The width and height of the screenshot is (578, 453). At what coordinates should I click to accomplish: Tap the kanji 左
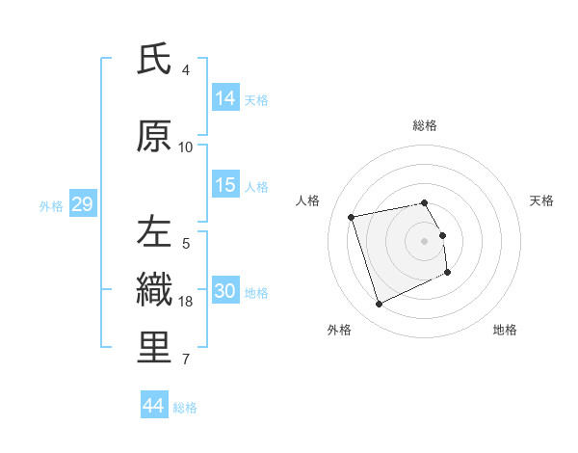154,231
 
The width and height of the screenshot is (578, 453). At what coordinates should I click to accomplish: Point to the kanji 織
154,289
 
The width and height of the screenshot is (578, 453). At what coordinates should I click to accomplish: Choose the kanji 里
154,347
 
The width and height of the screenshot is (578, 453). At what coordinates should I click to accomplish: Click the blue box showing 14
225,98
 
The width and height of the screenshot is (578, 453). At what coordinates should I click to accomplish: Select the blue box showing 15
225,185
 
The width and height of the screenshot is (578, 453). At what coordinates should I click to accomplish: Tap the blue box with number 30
225,291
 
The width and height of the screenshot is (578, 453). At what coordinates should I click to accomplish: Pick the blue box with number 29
82,204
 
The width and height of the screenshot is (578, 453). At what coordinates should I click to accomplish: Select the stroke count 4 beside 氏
186,70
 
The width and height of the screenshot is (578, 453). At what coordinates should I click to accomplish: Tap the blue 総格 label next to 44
185,408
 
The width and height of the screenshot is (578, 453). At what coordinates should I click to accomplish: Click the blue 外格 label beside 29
51,205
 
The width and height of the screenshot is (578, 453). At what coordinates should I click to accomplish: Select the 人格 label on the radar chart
308,200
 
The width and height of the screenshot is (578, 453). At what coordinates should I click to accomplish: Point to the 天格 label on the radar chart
542,200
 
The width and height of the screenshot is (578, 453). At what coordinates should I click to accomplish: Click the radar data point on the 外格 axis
379,305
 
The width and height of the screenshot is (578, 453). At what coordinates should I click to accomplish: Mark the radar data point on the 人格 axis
352,216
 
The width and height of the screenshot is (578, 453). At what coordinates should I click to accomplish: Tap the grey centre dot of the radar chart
425,240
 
